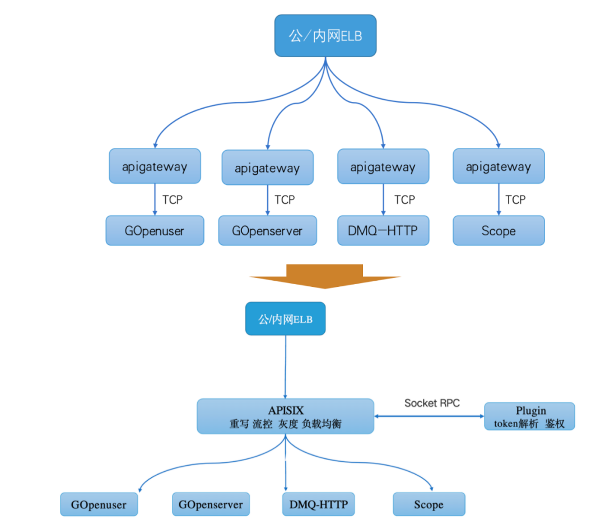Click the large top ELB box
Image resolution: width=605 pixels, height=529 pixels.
point(325,36)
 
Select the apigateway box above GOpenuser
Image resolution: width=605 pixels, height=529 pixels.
point(155,166)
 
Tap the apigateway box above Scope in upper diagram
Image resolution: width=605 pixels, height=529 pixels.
point(498,166)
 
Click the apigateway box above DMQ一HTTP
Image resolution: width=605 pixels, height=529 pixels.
point(383,166)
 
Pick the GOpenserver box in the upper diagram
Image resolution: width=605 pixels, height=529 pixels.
point(268,231)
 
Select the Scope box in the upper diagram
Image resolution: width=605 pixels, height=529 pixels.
point(498,231)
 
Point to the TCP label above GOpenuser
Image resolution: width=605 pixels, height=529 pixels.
point(172,199)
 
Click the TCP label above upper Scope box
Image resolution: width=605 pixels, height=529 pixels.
point(515,199)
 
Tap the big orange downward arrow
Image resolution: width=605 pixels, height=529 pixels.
point(325,276)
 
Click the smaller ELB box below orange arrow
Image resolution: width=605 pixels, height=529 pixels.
point(285,319)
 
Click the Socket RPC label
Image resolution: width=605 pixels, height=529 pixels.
point(432,403)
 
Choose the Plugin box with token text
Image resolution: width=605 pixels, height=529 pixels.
point(529,416)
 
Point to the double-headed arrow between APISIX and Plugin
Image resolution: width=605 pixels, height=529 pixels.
point(429,416)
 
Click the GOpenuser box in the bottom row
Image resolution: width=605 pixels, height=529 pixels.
point(99,504)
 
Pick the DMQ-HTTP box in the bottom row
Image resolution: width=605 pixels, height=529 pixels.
point(318,504)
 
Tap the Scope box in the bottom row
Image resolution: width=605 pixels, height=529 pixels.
point(429,504)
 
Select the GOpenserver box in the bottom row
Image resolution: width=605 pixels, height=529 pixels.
point(211,504)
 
